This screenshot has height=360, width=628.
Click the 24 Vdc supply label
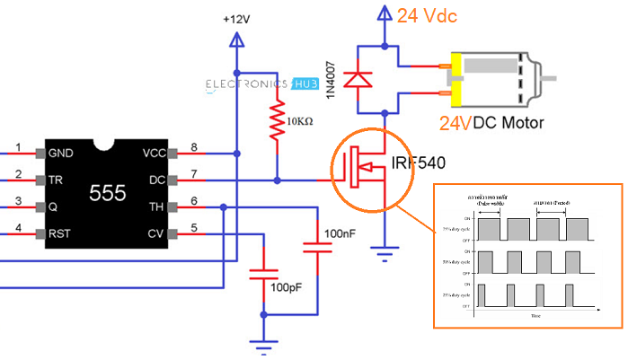434,14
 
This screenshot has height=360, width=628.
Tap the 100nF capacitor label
341,233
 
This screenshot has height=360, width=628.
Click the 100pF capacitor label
288,288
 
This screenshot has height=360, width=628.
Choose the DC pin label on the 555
159,180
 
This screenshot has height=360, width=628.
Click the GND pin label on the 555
62,152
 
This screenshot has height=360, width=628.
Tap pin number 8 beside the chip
193,146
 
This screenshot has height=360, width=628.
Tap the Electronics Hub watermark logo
260,85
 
